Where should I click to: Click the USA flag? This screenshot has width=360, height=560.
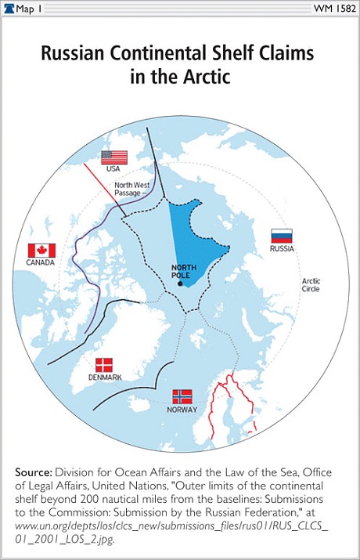pyautogui.click(x=113, y=156)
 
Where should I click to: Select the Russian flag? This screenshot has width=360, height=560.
pyautogui.click(x=281, y=236)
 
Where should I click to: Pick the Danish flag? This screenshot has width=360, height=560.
pyautogui.click(x=103, y=365)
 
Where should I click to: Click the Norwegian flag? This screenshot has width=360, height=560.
pyautogui.click(x=182, y=396)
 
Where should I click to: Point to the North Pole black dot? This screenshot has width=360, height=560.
pyautogui.click(x=179, y=284)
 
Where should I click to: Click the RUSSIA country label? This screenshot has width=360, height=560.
pyautogui.click(x=281, y=248)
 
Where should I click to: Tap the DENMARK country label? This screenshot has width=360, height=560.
pyautogui.click(x=104, y=378)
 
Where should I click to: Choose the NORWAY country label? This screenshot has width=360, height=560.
pyautogui.click(x=182, y=410)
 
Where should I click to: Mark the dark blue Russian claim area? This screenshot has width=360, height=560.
pyautogui.click(x=196, y=235)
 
